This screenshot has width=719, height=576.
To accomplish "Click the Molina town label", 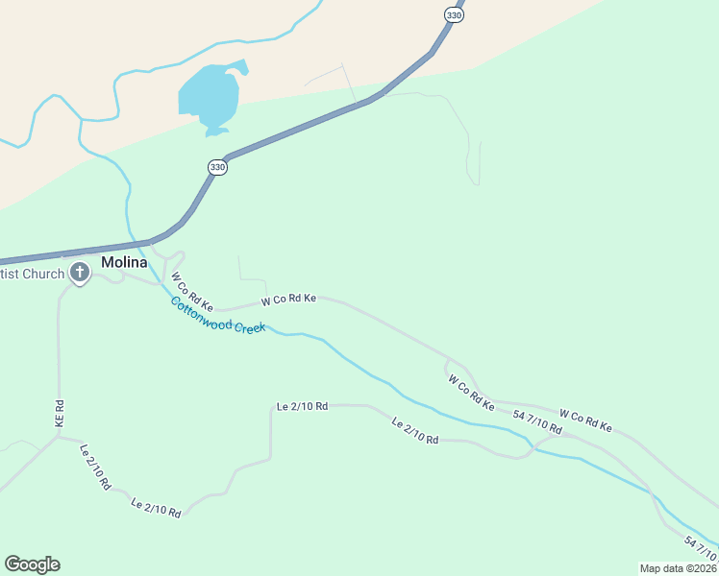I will point(124,263).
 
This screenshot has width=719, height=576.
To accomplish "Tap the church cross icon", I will point(80,274).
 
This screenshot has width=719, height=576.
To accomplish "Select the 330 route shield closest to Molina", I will point(218,167).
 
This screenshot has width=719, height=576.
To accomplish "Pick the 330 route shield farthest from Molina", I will point(454,15).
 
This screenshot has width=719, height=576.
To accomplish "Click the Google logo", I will point(32,564).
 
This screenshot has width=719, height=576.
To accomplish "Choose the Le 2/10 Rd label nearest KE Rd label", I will point(94,467).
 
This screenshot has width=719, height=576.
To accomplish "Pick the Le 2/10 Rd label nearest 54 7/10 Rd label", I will point(415,431).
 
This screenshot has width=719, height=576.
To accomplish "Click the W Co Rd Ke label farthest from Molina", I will point(585,421).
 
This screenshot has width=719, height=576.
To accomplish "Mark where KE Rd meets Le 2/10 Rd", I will point(59,437).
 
